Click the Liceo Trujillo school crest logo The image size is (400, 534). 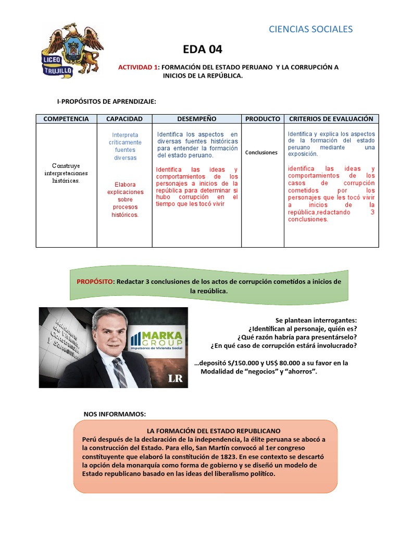click(x=72, y=51)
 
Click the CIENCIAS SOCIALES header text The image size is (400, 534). click(x=310, y=29)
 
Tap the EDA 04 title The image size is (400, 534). click(x=203, y=50)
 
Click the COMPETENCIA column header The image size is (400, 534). click(x=66, y=119)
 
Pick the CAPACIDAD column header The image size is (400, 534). click(x=124, y=119)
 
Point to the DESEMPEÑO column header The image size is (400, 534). click(x=196, y=119)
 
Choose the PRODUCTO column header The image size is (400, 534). click(x=262, y=119)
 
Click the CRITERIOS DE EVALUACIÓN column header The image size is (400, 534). click(x=331, y=119)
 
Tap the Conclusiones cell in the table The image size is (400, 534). click(x=262, y=153)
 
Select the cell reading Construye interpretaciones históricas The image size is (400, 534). click(x=66, y=173)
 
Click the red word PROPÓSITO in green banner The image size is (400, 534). click(x=95, y=282)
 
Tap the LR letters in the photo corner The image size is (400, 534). click(x=175, y=378)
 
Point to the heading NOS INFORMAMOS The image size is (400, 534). click(x=115, y=414)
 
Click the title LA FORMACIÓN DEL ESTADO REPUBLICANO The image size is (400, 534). click(x=214, y=431)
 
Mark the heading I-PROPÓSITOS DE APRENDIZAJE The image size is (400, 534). click(x=106, y=101)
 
